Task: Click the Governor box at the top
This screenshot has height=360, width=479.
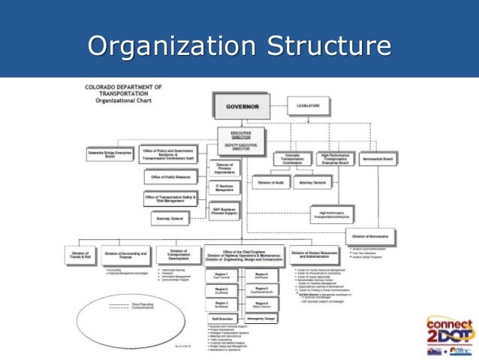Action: (243, 107)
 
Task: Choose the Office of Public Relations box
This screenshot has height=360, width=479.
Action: (170, 177)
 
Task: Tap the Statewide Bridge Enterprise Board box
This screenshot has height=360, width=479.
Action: (110, 156)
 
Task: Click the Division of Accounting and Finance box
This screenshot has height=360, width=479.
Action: (125, 256)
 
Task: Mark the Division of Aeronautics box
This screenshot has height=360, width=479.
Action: (371, 238)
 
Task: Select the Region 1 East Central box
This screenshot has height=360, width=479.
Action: (221, 277)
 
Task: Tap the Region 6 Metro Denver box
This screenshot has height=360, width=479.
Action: (262, 304)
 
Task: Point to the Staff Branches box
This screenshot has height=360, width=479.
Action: (221, 319)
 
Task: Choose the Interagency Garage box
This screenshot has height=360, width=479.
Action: (262, 319)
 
